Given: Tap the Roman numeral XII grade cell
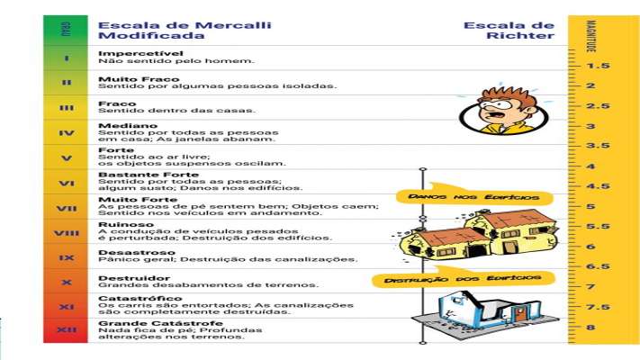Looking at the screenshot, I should coord(67,329).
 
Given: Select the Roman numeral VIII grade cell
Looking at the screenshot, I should coord(67,232).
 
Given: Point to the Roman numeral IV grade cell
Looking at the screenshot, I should coord(67,132).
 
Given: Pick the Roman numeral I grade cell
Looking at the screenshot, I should coord(67,58).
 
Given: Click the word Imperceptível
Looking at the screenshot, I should coord(133,53).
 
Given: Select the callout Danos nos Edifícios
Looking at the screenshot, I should coord(473,196).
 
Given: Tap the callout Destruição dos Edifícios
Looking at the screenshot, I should coord(463,279).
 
